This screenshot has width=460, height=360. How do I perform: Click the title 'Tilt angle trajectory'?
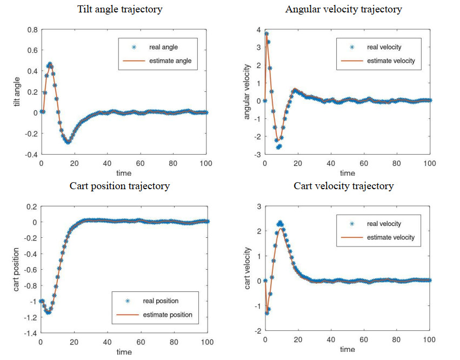[x=120, y=9]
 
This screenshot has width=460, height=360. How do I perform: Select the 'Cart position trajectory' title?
[x=119, y=186]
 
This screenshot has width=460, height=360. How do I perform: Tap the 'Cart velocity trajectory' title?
[x=344, y=186]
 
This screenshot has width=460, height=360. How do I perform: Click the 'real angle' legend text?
[x=163, y=48]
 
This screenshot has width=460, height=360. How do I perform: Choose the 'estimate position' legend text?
[x=167, y=315]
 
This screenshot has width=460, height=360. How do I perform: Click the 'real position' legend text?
[x=161, y=301]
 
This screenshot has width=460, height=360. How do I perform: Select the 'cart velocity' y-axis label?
[x=248, y=269]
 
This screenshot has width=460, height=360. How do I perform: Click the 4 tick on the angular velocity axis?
[x=259, y=29]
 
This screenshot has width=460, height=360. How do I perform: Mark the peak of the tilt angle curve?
[x=50, y=64]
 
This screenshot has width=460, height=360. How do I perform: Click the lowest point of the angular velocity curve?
[x=279, y=146]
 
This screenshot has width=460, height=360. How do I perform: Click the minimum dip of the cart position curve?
[x=48, y=312]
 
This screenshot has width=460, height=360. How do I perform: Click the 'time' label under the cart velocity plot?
[x=348, y=350]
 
